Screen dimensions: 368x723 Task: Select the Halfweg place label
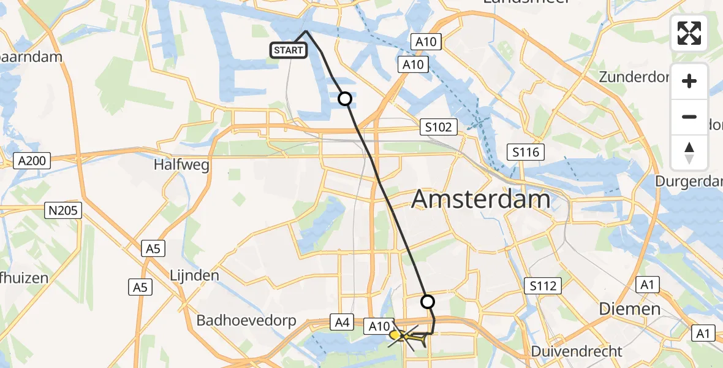[182, 165]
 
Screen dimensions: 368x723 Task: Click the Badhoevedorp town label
[246, 321]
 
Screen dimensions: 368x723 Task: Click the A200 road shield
[31, 161]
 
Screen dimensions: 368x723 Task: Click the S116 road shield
[526, 151]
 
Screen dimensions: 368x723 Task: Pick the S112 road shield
[543, 285]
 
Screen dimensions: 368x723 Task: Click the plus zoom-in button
[689, 81]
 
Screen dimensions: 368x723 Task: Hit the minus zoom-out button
[689, 117]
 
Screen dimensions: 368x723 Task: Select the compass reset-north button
[689, 152]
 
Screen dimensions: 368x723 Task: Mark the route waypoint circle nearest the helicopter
[428, 302]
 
